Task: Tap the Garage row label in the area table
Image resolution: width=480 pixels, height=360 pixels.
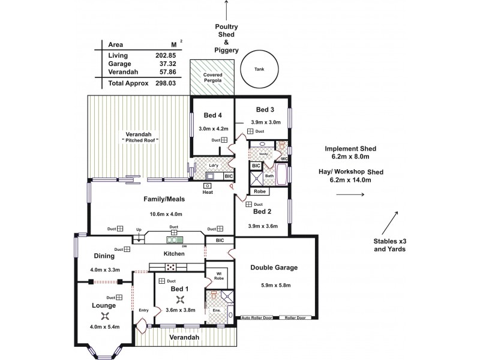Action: (119, 64)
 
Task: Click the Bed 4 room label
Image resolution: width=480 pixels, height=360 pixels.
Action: (212, 115)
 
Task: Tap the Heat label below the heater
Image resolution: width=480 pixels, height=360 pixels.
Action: (208, 193)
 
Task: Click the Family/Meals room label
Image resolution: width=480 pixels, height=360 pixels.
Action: (163, 199)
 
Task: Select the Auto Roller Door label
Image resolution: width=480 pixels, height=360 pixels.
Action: (256, 317)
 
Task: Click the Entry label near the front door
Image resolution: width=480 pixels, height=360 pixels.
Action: (143, 310)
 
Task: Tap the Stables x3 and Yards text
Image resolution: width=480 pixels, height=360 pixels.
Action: (389, 245)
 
